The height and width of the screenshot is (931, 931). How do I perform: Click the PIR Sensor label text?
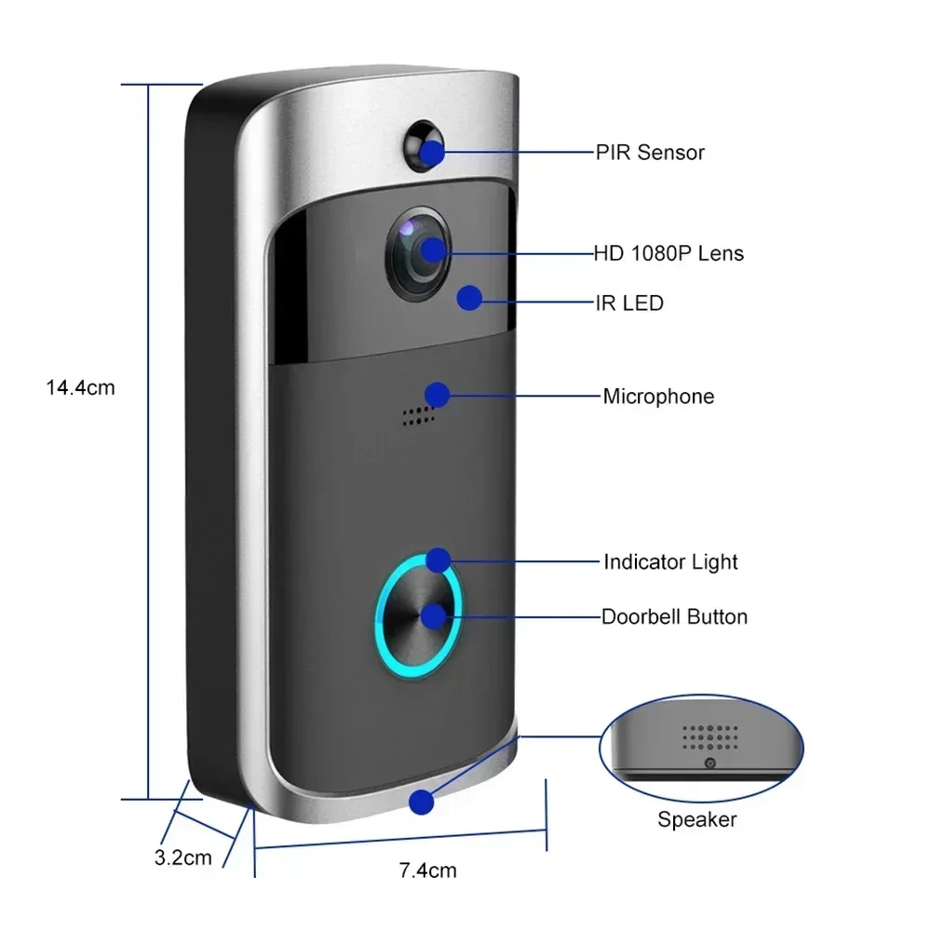tap(650, 153)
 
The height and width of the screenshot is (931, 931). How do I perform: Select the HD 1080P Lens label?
tap(668, 253)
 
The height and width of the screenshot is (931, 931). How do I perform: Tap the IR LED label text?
tap(628, 303)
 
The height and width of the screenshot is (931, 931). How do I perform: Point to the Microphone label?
tap(658, 397)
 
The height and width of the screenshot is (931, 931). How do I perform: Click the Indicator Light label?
tap(670, 562)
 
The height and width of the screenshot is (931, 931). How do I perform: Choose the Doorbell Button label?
tap(674, 616)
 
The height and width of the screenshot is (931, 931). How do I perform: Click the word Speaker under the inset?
tap(696, 819)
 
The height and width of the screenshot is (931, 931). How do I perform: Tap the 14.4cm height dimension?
tap(81, 387)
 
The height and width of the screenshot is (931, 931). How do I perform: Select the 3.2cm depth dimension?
tap(182, 857)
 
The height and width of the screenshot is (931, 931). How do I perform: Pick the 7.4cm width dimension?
tap(427, 871)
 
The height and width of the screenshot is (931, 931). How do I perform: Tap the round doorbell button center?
tap(418, 616)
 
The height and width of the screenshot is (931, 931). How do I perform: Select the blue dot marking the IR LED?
tap(469, 298)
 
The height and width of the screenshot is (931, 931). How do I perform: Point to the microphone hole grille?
tap(419, 416)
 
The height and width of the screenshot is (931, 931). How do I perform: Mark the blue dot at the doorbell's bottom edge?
tap(423, 800)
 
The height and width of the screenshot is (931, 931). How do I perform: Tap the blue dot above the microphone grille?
tap(437, 394)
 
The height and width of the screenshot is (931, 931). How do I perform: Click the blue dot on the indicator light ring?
tap(438, 560)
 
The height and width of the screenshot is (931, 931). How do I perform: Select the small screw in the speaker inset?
tap(709, 763)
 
